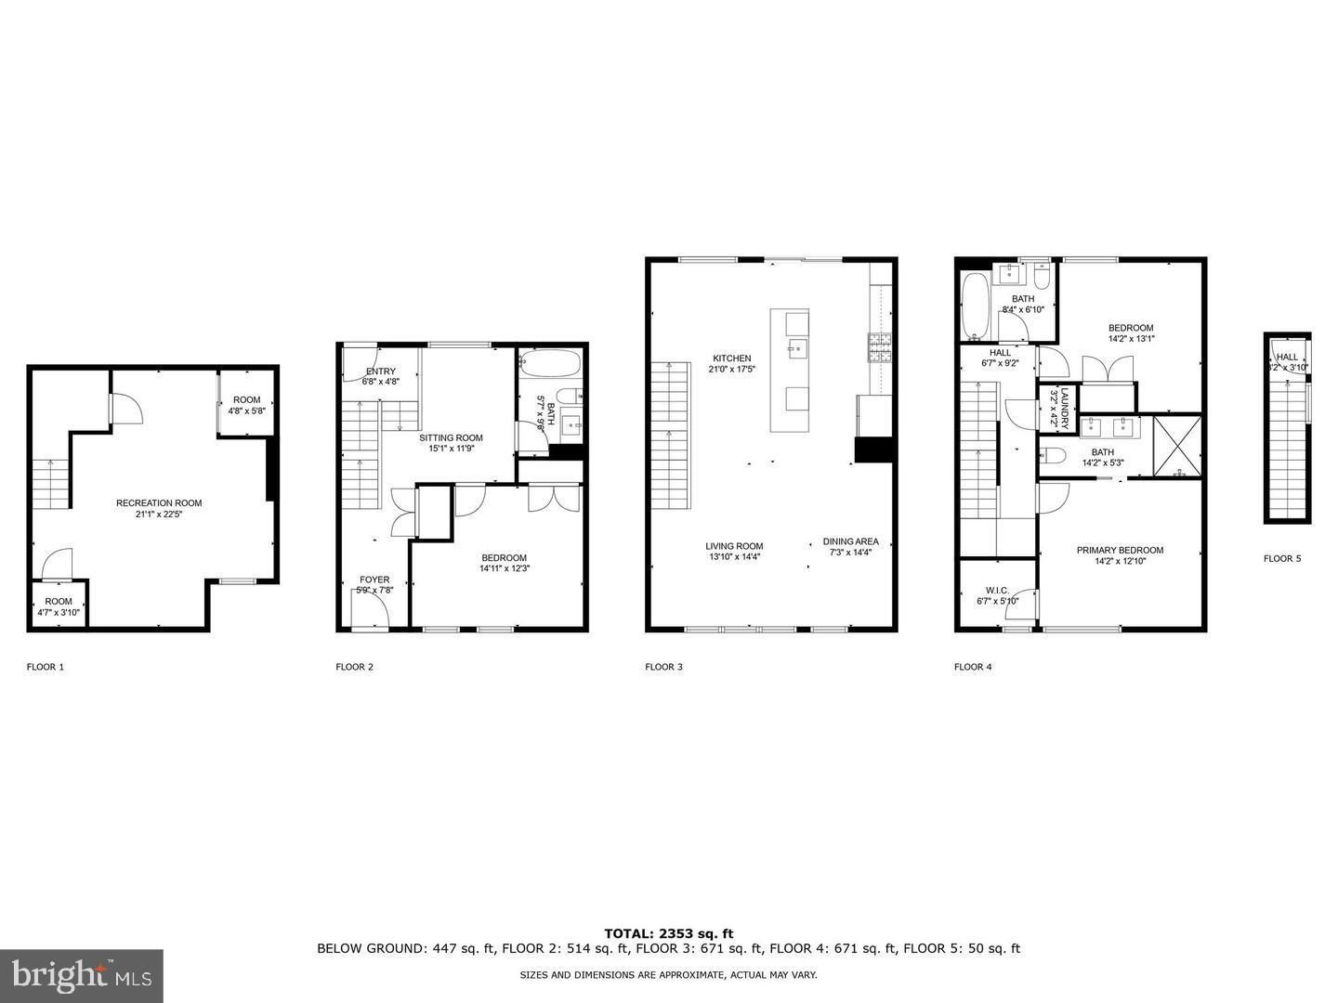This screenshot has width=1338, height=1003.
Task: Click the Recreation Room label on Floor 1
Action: (x=159, y=502)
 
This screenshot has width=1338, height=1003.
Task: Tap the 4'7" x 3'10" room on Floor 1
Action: (x=59, y=606)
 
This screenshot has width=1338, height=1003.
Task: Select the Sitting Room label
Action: (x=451, y=437)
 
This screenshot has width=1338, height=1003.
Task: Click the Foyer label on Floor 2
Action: (x=374, y=580)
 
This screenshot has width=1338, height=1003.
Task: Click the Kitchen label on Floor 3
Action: (x=731, y=358)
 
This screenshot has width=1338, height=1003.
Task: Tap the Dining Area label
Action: (x=850, y=541)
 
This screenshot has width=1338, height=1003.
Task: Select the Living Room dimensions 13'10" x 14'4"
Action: (x=734, y=557)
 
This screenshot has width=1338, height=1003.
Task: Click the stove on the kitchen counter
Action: (x=880, y=347)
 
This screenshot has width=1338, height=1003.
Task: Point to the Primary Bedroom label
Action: (x=1120, y=550)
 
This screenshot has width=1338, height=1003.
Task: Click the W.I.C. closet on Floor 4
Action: (x=997, y=595)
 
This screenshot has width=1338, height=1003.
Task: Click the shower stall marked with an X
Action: (x=1177, y=447)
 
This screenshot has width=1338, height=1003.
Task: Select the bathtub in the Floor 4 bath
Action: (x=976, y=306)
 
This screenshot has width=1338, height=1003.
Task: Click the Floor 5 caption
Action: (x=1282, y=558)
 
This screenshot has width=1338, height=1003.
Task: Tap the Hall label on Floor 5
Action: (x=1287, y=357)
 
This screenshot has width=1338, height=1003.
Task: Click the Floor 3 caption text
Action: (x=663, y=667)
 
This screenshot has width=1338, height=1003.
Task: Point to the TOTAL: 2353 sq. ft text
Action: (x=668, y=933)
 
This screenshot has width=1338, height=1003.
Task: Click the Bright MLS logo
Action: (x=82, y=975)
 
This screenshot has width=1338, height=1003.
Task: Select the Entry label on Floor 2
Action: (x=380, y=371)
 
